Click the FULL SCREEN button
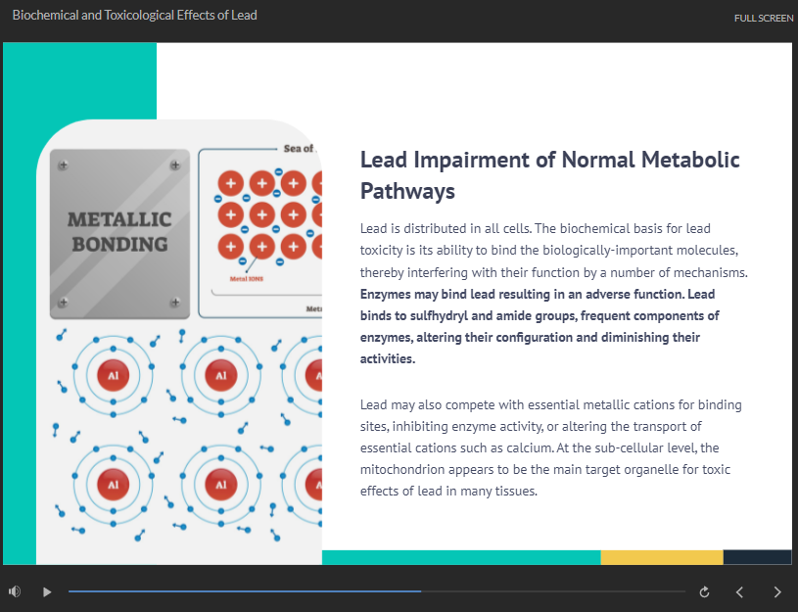click(764, 19)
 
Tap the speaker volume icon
click(15, 591)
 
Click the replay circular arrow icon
click(704, 592)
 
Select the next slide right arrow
click(777, 592)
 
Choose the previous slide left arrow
click(739, 592)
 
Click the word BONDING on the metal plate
click(119, 245)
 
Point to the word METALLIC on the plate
click(119, 220)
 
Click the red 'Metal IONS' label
click(247, 279)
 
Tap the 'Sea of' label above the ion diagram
click(299, 148)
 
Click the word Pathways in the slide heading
click(407, 192)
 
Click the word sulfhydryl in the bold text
click(439, 316)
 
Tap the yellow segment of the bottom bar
click(662, 557)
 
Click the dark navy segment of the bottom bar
click(757, 557)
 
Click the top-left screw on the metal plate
click(63, 165)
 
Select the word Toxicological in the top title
click(139, 16)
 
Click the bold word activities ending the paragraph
click(388, 359)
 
